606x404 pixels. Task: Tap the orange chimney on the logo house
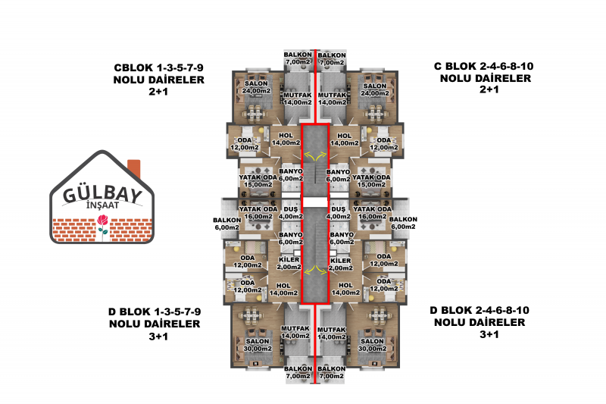coord(134,168)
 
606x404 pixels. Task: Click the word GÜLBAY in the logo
coord(102,195)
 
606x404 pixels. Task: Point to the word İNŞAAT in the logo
coord(102,205)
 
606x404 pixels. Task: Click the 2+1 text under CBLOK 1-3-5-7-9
coord(158,92)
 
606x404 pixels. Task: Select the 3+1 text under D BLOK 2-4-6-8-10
coord(489,334)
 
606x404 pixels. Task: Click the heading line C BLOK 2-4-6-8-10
coord(483,66)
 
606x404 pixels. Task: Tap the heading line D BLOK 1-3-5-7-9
coord(155,312)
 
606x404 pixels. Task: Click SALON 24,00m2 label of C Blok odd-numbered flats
coord(256,87)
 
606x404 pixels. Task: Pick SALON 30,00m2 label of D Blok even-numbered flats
coord(372,345)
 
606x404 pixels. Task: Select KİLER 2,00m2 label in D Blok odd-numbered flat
coord(289,263)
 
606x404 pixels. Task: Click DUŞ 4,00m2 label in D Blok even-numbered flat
coord(339,213)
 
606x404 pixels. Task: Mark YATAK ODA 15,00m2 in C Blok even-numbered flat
coord(371,181)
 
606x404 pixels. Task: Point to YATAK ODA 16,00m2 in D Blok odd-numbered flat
coord(258,213)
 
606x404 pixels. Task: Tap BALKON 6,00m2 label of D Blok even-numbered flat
coord(403,223)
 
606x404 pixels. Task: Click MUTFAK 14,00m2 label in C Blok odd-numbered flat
coord(298,99)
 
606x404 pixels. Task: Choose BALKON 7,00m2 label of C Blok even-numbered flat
coord(332,59)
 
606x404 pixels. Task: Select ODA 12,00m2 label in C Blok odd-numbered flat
coord(245,143)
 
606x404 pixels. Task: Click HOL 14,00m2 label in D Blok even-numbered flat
coord(345,290)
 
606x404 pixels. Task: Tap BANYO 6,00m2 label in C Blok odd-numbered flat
coord(291,175)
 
